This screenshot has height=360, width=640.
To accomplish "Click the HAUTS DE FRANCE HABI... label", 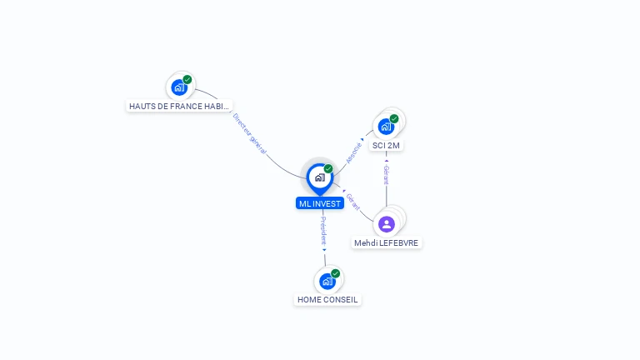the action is pos(179,107).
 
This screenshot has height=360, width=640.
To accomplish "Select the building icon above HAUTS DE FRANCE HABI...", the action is pos(178,87).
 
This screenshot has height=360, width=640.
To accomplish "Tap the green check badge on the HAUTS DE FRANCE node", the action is pos(187,79).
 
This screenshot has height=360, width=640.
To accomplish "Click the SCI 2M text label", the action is pos(386,146).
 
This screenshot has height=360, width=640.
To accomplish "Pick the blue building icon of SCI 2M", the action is pos(385,127).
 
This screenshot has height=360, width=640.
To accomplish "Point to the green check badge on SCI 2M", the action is pos(394,118).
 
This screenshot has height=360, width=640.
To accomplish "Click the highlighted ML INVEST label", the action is pos(320,203).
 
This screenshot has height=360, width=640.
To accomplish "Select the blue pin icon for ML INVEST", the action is pos(319,177).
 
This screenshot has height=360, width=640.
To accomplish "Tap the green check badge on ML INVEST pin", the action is pos(328,169).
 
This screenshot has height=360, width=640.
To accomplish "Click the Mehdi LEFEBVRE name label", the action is pos(387,243).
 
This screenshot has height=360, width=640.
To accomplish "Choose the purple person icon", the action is pos(386,223).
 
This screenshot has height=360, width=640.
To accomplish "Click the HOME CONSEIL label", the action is pos(327,299).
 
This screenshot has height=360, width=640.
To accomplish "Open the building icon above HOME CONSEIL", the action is pos(327,281).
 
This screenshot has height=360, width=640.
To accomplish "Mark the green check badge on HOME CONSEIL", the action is pos(336,273).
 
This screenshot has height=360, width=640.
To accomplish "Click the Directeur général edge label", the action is pos(250,133).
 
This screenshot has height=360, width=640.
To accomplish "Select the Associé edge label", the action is pos(354,152).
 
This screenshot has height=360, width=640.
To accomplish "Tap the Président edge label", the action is pos(324,231).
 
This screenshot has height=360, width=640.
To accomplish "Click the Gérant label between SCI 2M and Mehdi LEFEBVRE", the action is pos(386,175).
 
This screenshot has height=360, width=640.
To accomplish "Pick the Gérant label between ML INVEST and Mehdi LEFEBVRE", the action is pos(352,202).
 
